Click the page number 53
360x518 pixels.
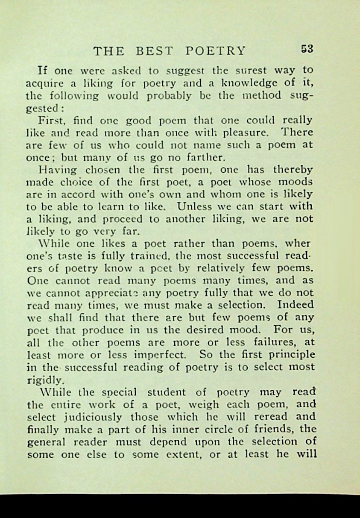pos(307,49)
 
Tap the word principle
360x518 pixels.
pos(290,355)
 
